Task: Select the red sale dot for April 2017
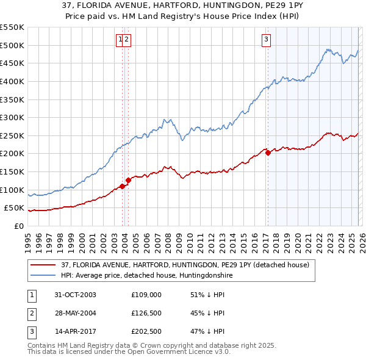pyautogui.click(x=268, y=153)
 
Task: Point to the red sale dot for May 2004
pyautogui.click(x=129, y=180)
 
